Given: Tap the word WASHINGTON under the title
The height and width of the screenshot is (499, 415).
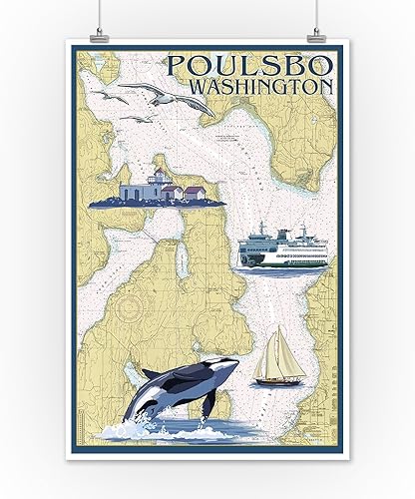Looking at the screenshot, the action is (278, 87).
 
